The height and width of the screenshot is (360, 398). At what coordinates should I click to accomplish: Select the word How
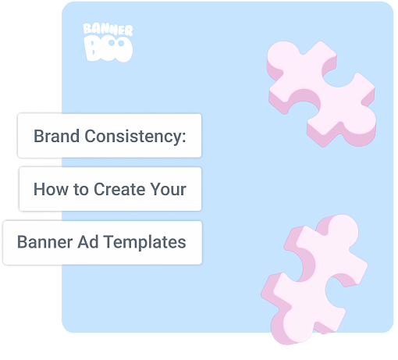point(49,189)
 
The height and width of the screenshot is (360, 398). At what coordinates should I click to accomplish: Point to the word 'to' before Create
point(80,189)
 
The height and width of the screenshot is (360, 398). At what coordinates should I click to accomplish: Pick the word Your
point(169,189)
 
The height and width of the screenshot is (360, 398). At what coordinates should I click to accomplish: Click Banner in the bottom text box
point(44,241)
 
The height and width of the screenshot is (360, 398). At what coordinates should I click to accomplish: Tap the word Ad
point(88,241)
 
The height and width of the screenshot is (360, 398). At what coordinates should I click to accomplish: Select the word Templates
point(147,241)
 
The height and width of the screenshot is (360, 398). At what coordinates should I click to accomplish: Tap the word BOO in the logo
point(108,49)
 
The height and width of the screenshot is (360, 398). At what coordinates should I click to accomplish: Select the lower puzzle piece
point(312,281)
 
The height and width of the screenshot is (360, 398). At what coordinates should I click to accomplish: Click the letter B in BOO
point(92,49)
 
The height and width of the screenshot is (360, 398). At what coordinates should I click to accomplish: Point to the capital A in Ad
point(83,241)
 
